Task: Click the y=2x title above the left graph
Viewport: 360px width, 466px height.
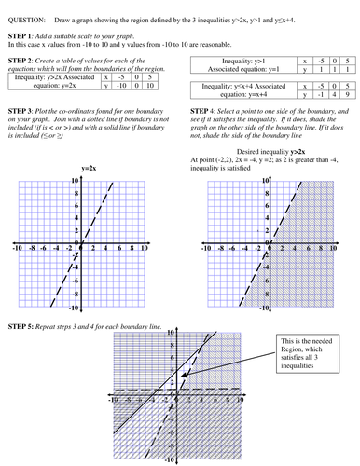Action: (x=90, y=169)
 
